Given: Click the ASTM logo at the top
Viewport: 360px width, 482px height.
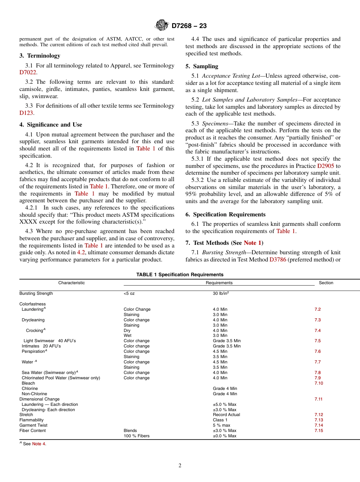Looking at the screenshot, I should tap(162, 25).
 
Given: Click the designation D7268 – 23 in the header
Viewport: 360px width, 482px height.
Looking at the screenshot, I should tap(189, 26).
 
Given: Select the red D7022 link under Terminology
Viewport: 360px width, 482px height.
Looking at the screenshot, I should tap(28, 73).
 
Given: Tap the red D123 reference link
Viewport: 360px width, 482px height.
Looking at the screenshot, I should tap(26, 113).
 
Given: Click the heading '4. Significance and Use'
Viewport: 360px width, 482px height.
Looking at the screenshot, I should tap(50, 125).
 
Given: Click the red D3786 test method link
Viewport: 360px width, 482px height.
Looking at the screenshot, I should tap(277, 260).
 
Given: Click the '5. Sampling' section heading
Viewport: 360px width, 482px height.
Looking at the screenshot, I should tap(202, 66).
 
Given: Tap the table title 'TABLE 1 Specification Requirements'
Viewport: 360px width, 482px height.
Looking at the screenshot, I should tap(180, 275).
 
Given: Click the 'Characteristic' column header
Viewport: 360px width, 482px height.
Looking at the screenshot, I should tap(71, 283).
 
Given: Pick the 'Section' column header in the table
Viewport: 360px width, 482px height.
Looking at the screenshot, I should tap(326, 283).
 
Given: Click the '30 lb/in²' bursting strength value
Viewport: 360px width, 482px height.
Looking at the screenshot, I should tap(221, 293).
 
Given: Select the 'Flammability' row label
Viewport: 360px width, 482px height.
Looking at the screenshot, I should tap(31, 420).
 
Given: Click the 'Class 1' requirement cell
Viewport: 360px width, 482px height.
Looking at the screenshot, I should tap(220, 420).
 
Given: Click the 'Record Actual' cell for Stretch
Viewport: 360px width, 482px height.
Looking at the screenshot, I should tap(226, 415).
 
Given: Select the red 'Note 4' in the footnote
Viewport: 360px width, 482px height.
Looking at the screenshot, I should tap(39, 444).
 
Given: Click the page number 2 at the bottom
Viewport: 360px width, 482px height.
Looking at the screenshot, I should tap(180, 466).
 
